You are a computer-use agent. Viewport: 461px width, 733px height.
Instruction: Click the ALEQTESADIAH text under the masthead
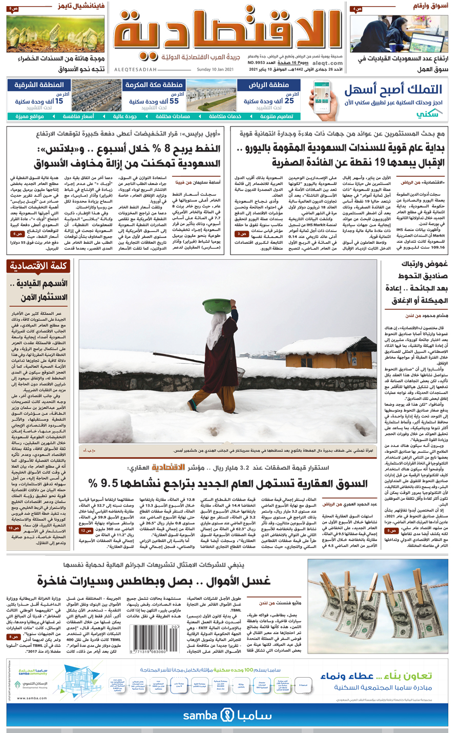(136, 70)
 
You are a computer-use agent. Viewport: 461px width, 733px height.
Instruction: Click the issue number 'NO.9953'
(258, 63)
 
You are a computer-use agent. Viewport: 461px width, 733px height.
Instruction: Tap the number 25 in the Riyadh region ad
(289, 101)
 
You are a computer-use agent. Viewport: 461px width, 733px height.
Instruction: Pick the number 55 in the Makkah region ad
(174, 101)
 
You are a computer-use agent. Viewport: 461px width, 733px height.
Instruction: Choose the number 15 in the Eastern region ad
(59, 101)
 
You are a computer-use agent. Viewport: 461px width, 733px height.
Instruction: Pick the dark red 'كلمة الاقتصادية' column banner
(38, 266)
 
